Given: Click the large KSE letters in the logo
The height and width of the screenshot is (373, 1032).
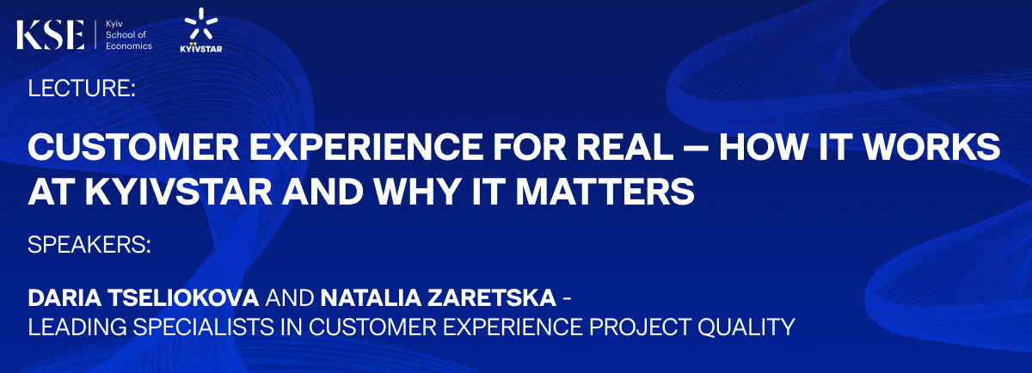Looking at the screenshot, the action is coord(50,34).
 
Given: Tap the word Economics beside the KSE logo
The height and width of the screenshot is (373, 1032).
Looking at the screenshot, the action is coord(129,46).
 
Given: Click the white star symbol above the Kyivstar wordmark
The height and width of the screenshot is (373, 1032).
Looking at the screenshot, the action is coord(201,23).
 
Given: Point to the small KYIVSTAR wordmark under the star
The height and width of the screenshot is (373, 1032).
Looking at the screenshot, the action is coord(201,48).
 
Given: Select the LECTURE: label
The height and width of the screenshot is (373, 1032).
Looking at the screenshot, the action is coord(82,88).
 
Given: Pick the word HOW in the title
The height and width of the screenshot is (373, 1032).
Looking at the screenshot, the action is coord(763,147).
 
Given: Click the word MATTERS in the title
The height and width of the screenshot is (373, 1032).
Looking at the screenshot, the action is coord(605,191).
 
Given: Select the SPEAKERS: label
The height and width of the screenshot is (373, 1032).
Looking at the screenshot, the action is coord(89,245).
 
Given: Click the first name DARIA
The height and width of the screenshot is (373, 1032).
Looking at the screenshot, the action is coord(64,298).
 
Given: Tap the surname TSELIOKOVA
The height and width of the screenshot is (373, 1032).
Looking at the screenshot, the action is coord(184,298).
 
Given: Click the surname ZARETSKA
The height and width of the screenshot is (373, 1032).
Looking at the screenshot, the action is coord(492,298).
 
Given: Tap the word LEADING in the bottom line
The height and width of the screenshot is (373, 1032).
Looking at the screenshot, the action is coord(77,327).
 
